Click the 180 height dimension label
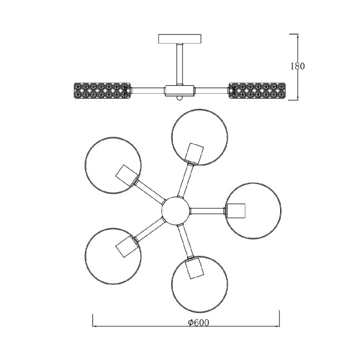(x=297, y=66)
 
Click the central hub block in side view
(x=179, y=89)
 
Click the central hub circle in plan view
(x=176, y=210)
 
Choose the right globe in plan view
(x=252, y=211)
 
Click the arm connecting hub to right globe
(x=208, y=210)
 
